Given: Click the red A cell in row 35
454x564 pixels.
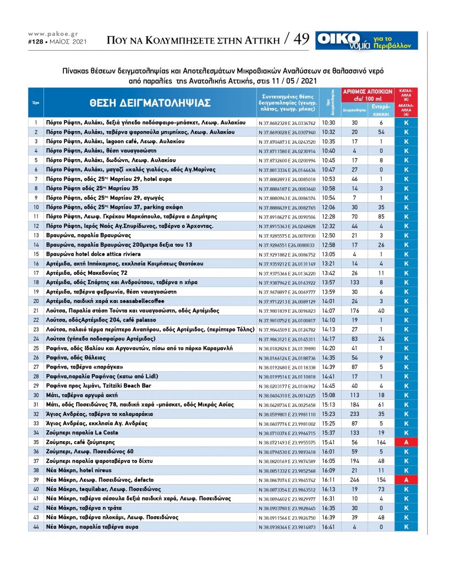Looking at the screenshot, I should (x=406, y=442).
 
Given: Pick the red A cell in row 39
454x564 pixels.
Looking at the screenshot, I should (x=406, y=480).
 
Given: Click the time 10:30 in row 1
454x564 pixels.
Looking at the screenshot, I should (x=329, y=122).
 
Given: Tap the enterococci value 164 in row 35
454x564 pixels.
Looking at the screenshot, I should (x=381, y=442).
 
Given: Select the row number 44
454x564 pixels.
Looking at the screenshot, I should (x=35, y=527).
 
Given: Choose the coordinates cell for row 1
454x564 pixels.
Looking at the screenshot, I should (x=287, y=122).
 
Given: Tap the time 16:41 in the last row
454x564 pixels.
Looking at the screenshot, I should (x=329, y=527).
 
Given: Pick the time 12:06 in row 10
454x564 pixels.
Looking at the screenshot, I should (x=329, y=207).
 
